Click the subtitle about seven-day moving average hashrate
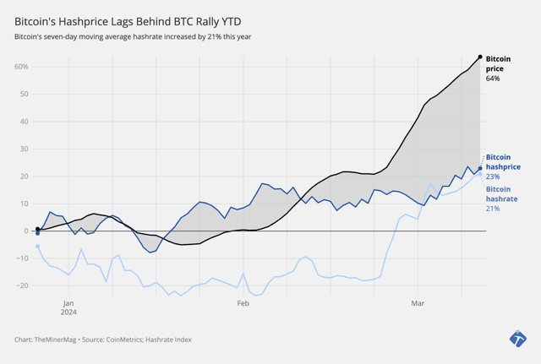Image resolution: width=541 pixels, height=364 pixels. click(132, 37)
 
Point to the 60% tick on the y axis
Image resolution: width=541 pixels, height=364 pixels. click(21, 67)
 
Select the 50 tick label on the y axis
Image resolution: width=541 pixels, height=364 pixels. click(24, 94)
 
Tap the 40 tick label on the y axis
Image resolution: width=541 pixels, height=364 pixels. click(24, 122)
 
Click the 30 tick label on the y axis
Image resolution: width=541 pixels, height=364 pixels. click(24, 149)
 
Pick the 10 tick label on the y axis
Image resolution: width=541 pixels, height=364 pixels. click(24, 204)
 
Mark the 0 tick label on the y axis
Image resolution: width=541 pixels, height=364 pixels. click(26, 231)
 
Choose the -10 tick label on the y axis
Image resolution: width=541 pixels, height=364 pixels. click(22, 258)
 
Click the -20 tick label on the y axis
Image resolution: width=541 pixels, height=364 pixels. click(22, 285)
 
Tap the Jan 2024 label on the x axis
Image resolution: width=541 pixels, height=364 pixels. click(69, 306)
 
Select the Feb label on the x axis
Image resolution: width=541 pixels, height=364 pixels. click(243, 302)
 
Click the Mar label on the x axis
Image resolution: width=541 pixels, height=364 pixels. click(417, 302)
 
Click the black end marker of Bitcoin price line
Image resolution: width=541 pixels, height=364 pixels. click(480, 57)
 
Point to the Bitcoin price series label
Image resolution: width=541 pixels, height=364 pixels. click(498, 64)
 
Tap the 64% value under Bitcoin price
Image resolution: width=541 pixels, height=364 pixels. click(493, 79)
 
